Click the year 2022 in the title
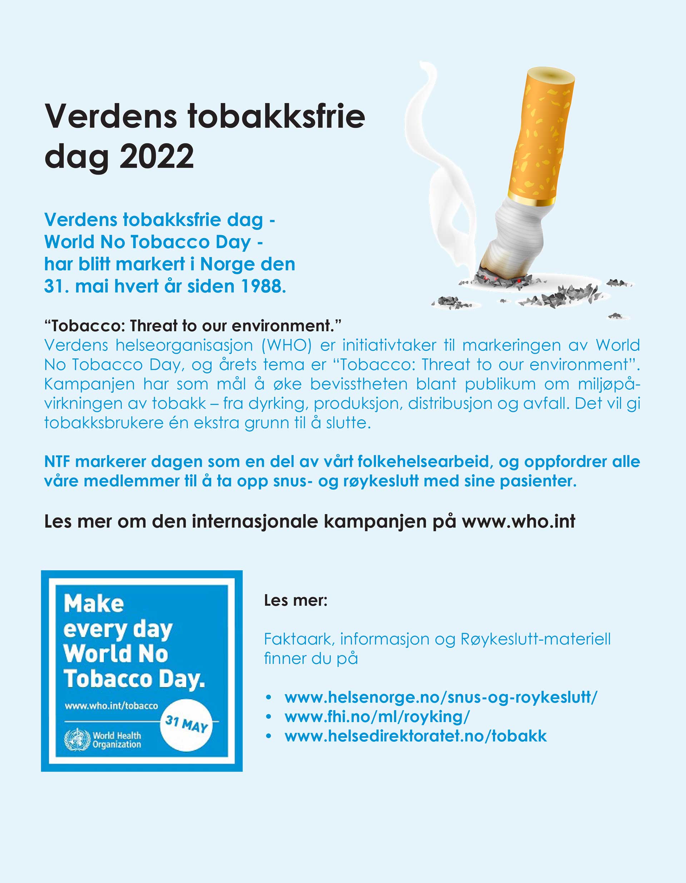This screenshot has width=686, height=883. pyautogui.click(x=156, y=156)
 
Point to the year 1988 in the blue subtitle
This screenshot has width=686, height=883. pyautogui.click(x=263, y=286)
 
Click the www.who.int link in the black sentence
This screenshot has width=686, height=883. pyautogui.click(x=518, y=521)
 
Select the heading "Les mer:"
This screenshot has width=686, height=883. pyautogui.click(x=295, y=600)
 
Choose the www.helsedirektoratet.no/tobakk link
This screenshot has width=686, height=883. pyautogui.click(x=416, y=736)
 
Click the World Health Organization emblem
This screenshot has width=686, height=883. pyautogui.click(x=77, y=740)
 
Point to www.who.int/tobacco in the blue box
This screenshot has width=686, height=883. pyautogui.click(x=111, y=706)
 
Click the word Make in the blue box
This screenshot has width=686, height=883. pyautogui.click(x=94, y=604)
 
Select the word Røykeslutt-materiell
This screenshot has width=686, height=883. pyautogui.click(x=536, y=639)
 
